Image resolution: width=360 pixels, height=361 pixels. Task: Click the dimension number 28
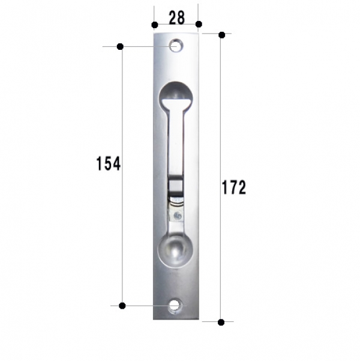pyautogui.click(x=176, y=18)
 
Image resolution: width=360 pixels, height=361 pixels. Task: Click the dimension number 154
pyautogui.click(x=108, y=163)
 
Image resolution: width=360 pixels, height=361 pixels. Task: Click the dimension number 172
pyautogui.click(x=234, y=187)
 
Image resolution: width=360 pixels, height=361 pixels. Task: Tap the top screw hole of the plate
pyautogui.click(x=176, y=45)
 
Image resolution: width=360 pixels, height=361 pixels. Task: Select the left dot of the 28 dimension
pyautogui.click(x=155, y=25)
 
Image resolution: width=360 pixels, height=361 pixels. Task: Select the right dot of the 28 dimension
pyautogui.click(x=199, y=24)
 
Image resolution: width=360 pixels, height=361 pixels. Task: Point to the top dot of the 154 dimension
pyautogui.click(x=120, y=46)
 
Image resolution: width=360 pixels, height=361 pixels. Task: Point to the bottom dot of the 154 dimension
pyautogui.click(x=122, y=306)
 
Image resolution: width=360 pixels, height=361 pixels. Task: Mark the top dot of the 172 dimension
pyautogui.click(x=222, y=35)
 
